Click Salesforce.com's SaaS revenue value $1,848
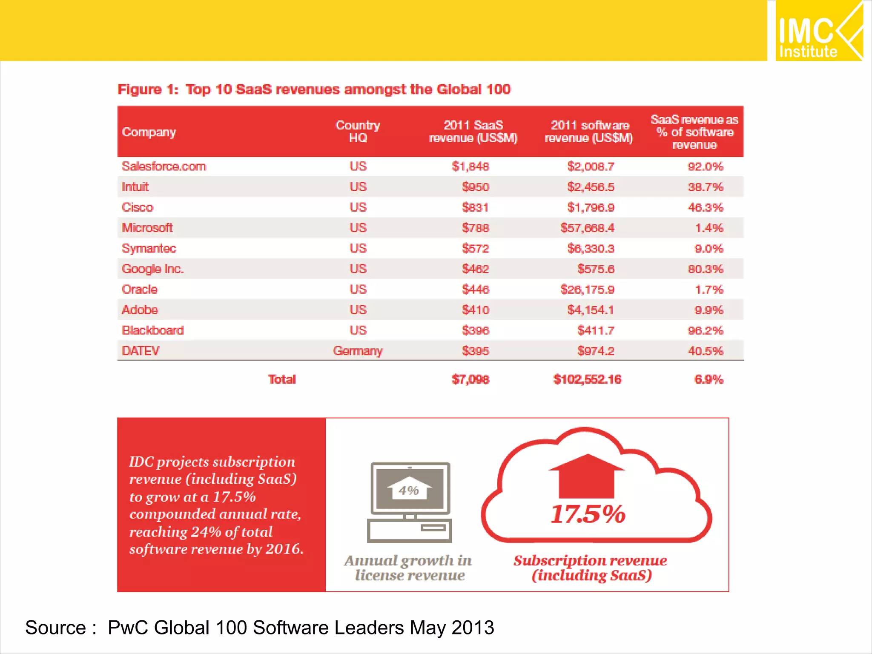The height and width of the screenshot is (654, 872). [470, 166]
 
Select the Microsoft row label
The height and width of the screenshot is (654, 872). [147, 228]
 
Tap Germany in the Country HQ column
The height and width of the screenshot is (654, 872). [358, 351]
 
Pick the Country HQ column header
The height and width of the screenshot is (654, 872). [358, 132]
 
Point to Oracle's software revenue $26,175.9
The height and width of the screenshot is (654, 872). [587, 290]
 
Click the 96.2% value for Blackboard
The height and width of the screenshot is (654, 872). [706, 330]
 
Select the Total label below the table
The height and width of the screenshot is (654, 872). [281, 379]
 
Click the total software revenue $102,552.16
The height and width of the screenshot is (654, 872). [587, 379]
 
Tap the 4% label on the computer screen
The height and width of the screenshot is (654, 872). [409, 490]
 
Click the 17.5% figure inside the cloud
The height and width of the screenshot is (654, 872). [588, 514]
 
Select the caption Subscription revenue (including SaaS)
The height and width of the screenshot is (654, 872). [591, 568]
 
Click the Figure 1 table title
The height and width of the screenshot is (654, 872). [314, 89]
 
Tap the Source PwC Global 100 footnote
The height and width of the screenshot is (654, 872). [259, 628]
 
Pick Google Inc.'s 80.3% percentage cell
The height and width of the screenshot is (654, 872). [706, 269]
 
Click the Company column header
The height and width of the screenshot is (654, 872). [149, 132]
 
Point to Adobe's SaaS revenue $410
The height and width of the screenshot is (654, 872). [476, 310]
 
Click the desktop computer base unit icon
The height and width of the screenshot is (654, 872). [409, 531]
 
